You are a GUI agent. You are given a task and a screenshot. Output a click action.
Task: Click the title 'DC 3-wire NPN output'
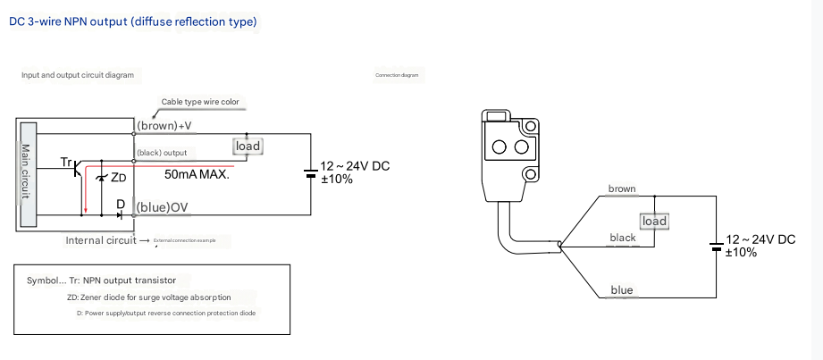[133, 21]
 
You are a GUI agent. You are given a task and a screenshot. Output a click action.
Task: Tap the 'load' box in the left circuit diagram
[248, 146]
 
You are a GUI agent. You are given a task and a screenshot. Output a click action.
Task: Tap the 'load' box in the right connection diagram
[655, 221]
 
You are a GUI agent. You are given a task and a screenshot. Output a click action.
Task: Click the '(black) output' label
[162, 152]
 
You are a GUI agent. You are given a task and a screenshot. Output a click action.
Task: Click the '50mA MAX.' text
[197, 175]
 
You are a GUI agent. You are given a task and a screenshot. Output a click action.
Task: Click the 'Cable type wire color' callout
[200, 103]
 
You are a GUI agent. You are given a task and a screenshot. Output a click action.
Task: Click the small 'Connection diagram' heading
[397, 76]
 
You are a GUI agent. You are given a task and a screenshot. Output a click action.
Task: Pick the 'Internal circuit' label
[99, 240]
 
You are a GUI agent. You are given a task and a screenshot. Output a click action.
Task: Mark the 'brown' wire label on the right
[621, 188]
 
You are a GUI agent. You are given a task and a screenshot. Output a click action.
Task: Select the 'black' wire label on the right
[622, 238]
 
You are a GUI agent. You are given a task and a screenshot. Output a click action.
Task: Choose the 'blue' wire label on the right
[621, 290]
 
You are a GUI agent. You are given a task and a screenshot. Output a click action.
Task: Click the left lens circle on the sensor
[500, 147]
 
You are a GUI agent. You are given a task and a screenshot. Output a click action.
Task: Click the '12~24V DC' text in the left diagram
[355, 166]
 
